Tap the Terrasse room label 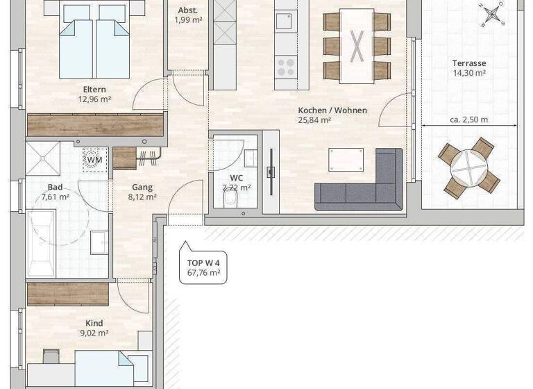[x=468, y=63]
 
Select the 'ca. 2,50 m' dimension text [x=468, y=119]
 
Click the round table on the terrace [x=469, y=167]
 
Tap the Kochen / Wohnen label [x=332, y=110]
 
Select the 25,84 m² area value [x=315, y=120]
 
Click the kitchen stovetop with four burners [x=286, y=66]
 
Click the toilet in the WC [x=230, y=200]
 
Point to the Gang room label [x=142, y=187]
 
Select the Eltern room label [x=94, y=89]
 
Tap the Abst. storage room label [x=187, y=10]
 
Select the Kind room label [x=94, y=323]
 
